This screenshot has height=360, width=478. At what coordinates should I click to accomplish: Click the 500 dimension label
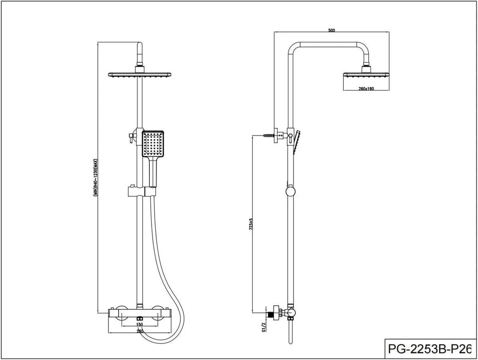[332, 30]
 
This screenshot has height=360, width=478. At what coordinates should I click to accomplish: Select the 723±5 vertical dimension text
[251, 225]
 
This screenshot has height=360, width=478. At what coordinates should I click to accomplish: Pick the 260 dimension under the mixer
[140, 331]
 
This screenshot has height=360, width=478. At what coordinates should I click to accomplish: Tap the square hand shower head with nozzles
[153, 143]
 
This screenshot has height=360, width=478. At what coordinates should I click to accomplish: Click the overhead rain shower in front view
[140, 74]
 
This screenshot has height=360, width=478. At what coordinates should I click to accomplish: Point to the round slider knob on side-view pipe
[291, 192]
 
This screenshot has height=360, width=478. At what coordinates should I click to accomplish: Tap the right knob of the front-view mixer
[160, 313]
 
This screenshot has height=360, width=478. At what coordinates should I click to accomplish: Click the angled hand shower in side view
[298, 141]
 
